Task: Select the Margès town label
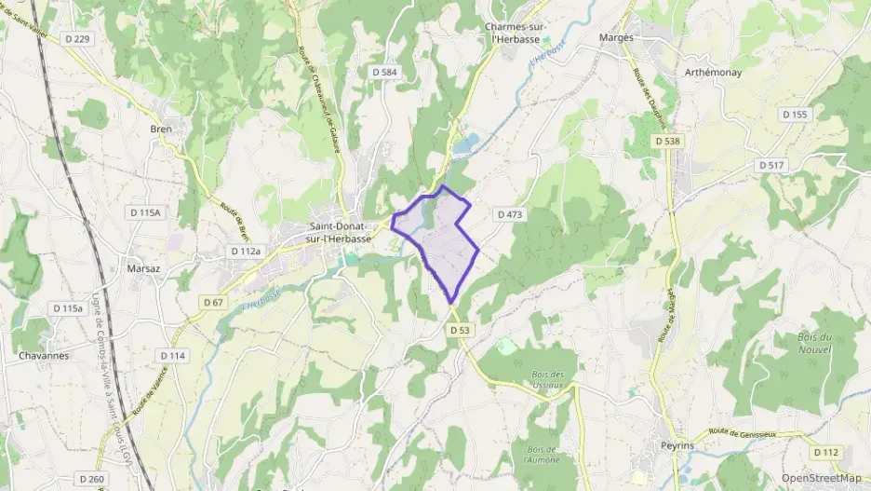point(618,37)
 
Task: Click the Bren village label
point(161,130)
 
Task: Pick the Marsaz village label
point(143,268)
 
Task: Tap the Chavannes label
point(43,355)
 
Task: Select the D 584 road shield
point(383,72)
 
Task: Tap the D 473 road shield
point(510,214)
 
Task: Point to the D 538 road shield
point(666,141)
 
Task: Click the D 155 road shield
point(795,114)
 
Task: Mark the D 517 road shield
point(771,165)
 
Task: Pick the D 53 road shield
point(459,330)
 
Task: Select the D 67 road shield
point(213,302)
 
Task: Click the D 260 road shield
point(91,479)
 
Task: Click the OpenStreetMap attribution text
point(822,479)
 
